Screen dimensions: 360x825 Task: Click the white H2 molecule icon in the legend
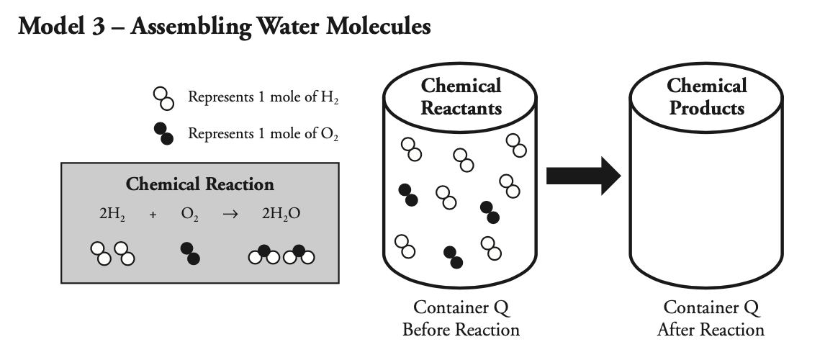[x=163, y=99]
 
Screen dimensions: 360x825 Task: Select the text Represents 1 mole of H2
[x=263, y=98]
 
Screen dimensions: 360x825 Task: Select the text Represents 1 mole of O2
[x=263, y=134]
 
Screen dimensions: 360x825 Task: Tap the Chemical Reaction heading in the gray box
[x=200, y=184]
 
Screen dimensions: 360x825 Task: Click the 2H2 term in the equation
[x=112, y=215]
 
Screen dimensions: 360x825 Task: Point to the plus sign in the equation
[x=153, y=216]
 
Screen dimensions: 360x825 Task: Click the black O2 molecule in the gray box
[x=190, y=253]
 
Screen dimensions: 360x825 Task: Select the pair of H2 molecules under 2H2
[x=113, y=253]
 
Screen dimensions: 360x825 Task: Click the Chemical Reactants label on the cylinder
[x=461, y=97]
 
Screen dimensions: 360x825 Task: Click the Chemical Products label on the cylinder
[x=706, y=97]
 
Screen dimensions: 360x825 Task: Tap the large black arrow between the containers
[x=583, y=175]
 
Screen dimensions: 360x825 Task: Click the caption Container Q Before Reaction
[x=461, y=319]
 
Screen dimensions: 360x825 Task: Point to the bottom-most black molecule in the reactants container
[x=453, y=256]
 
